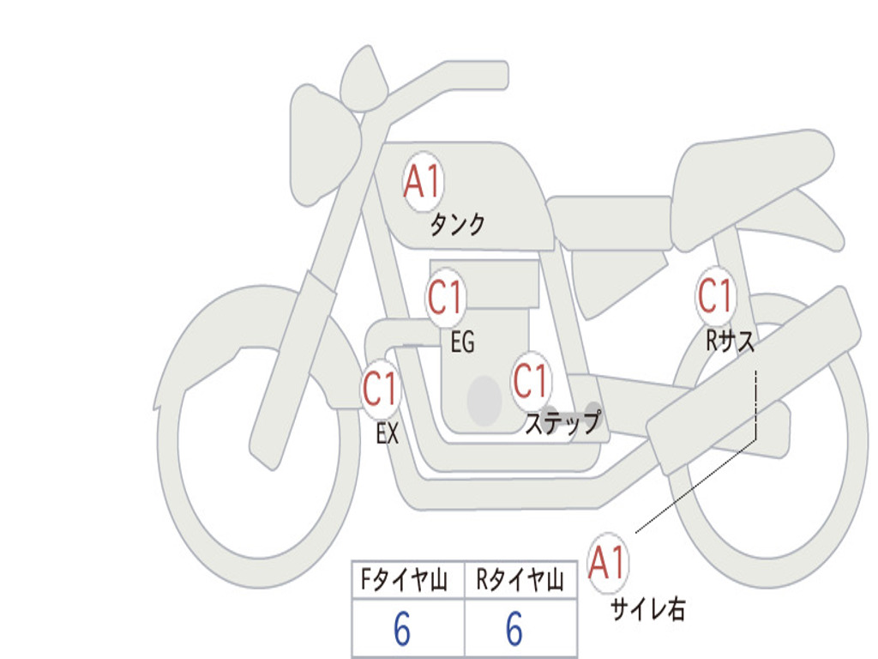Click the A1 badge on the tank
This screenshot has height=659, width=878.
pyautogui.click(x=424, y=182)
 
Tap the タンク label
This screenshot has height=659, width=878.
pyautogui.click(x=457, y=225)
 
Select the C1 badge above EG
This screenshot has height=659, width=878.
pyautogui.click(x=446, y=297)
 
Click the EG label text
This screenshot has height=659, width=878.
pyautogui.click(x=462, y=342)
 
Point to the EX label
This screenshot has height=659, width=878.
pyautogui.click(x=388, y=433)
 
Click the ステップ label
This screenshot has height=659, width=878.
pyautogui.click(x=563, y=423)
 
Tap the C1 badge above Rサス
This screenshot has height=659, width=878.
pyautogui.click(x=716, y=296)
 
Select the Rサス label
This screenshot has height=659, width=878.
pyautogui.click(x=730, y=340)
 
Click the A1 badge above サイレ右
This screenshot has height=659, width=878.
pyautogui.click(x=608, y=563)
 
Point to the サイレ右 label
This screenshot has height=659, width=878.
pyautogui.click(x=648, y=609)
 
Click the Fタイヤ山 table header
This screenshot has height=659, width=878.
pyautogui.click(x=404, y=579)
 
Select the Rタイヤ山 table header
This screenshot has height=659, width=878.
pyautogui.click(x=520, y=579)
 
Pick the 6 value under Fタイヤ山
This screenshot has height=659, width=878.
pyautogui.click(x=402, y=628)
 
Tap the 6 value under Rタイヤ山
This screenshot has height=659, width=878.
pyautogui.click(x=514, y=628)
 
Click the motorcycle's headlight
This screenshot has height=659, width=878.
pyautogui.click(x=325, y=147)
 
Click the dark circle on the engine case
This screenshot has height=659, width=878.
pyautogui.click(x=484, y=401)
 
